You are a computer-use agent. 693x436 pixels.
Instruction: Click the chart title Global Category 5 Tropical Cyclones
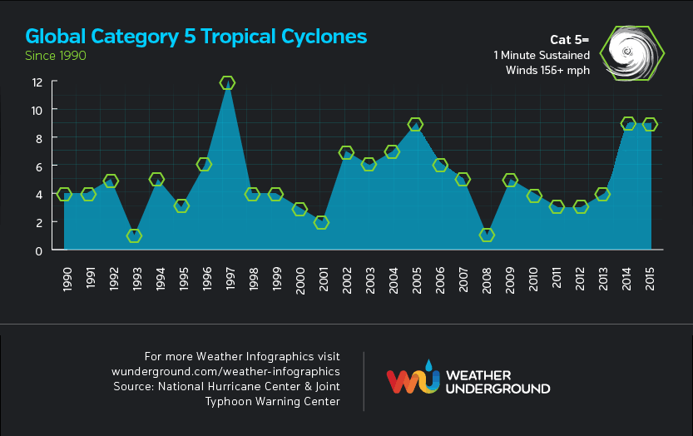pyautogui.click(x=196, y=37)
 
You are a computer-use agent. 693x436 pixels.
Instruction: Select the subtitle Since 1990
pyautogui.click(x=56, y=56)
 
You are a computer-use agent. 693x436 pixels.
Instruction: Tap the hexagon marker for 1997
pyautogui.click(x=227, y=83)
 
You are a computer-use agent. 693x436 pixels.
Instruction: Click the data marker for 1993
pyautogui.click(x=134, y=235)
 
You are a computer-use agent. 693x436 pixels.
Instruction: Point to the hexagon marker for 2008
pyautogui.click(x=487, y=235)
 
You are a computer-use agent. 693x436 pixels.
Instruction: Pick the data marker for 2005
pyautogui.click(x=415, y=124)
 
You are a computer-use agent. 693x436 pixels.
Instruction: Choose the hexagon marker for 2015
pyautogui.click(x=651, y=124)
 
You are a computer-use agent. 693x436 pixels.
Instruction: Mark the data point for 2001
pyautogui.click(x=321, y=222)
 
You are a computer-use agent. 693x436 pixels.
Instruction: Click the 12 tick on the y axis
pyautogui.click(x=37, y=82)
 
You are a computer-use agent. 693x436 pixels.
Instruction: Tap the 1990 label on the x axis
pyautogui.click(x=64, y=279)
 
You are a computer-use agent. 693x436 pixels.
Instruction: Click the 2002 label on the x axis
pyautogui.click(x=346, y=279)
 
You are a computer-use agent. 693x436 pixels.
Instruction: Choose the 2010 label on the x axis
pyautogui.click(x=534, y=279)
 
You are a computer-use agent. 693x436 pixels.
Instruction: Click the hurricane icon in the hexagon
pyautogui.click(x=631, y=53)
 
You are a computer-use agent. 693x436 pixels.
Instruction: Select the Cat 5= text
pyautogui.click(x=570, y=39)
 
